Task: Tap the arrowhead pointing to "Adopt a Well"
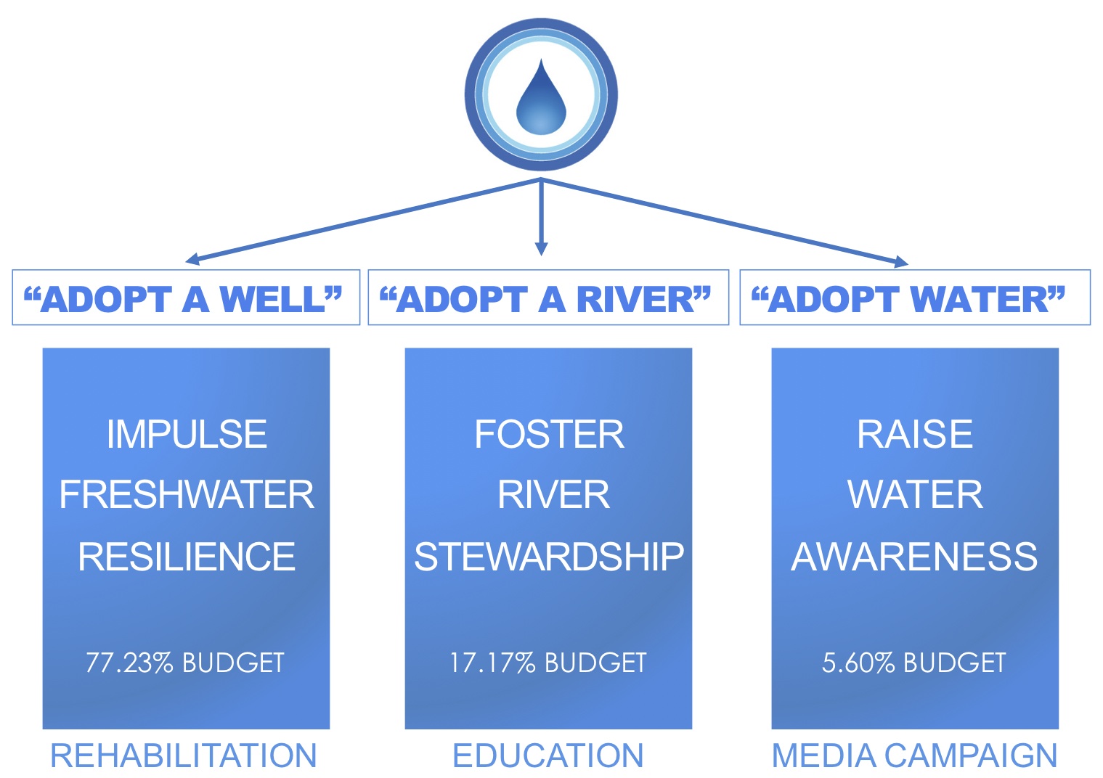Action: click(x=192, y=259)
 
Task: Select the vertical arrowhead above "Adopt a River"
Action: click(x=541, y=248)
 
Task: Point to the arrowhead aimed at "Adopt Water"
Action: click(x=901, y=262)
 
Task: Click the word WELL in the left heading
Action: click(x=273, y=299)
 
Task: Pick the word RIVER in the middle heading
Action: click(x=636, y=299)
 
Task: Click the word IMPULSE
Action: click(x=187, y=434)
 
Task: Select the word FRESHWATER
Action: click(x=187, y=495)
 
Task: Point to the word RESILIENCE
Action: click(x=187, y=557)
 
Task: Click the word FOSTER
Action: click(x=549, y=434)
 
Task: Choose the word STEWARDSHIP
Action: click(x=549, y=557)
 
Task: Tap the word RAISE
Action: click(x=915, y=434)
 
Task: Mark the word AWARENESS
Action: click(x=914, y=557)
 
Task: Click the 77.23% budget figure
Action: click(x=129, y=663)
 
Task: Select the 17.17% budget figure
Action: click(x=492, y=663)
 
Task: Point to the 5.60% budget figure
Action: click(x=858, y=663)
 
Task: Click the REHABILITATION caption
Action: click(x=183, y=756)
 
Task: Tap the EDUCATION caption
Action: click(x=548, y=756)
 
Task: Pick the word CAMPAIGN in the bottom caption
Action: click(x=971, y=756)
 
